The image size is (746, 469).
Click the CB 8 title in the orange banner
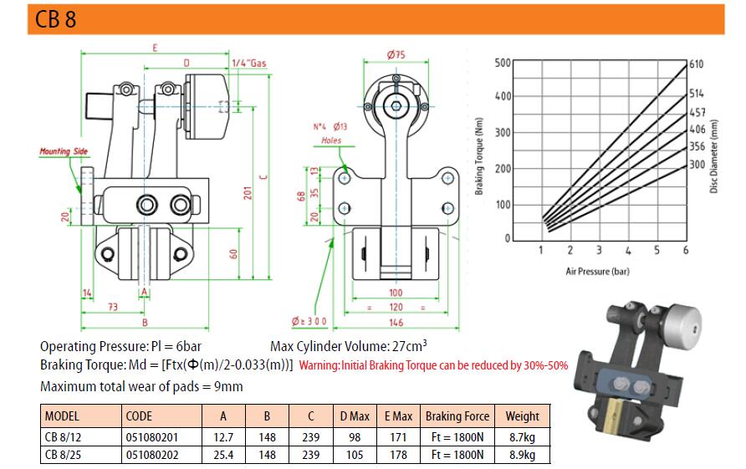(x=56, y=19)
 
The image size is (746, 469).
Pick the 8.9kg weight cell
(x=522, y=455)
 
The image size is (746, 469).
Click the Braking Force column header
(x=457, y=416)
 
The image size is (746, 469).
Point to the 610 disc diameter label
(x=697, y=64)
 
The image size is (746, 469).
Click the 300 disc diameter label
(x=697, y=165)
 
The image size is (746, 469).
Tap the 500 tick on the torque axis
(x=502, y=63)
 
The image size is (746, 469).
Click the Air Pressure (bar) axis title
(x=600, y=272)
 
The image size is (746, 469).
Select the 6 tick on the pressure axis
(x=685, y=251)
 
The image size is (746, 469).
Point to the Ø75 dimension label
(x=396, y=55)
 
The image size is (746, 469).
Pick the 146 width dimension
(x=396, y=322)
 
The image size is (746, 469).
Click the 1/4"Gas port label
(x=248, y=64)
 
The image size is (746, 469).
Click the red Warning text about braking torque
(x=433, y=365)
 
